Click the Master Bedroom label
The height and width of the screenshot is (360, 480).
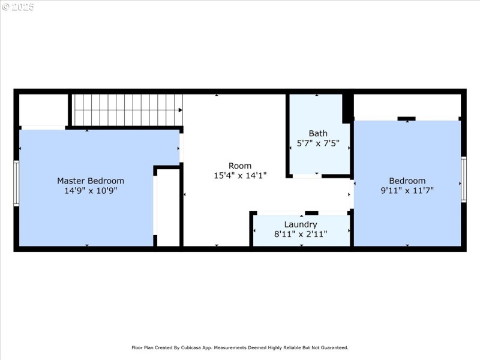(91, 181)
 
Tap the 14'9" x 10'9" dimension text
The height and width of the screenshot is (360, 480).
(91, 191)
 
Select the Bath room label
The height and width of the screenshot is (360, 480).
(318, 133)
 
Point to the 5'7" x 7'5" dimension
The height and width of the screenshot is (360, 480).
(318, 143)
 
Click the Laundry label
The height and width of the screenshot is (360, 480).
(301, 224)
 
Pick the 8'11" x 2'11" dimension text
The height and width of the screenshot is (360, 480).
(301, 234)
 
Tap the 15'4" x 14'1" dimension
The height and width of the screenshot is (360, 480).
(240, 175)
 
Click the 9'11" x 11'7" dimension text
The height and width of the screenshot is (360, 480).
(407, 190)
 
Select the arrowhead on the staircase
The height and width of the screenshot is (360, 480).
(181, 110)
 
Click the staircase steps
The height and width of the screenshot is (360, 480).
(127, 110)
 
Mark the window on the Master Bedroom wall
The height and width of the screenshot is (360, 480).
(16, 183)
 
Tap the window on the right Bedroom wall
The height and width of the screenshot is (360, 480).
(464, 179)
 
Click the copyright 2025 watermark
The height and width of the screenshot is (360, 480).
(18, 7)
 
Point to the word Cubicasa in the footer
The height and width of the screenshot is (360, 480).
(191, 348)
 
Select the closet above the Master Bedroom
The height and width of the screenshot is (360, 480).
(43, 110)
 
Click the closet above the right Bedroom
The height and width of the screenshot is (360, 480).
(407, 106)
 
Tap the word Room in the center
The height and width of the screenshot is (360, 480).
(240, 166)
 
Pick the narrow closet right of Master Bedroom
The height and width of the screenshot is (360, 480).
(168, 208)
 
